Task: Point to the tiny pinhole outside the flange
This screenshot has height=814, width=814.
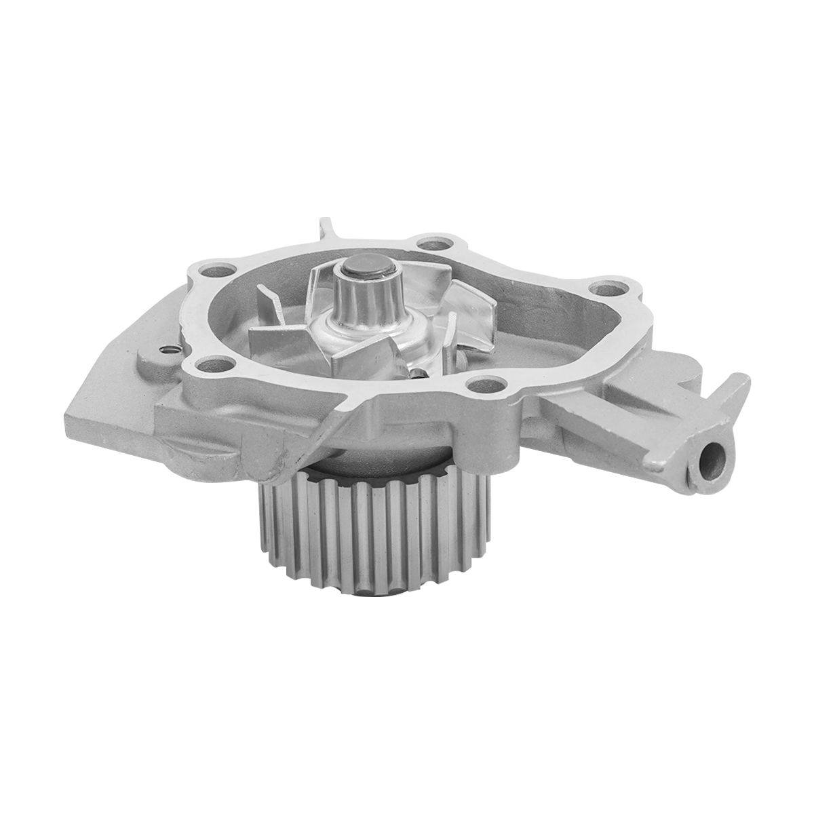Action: point(168,350)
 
